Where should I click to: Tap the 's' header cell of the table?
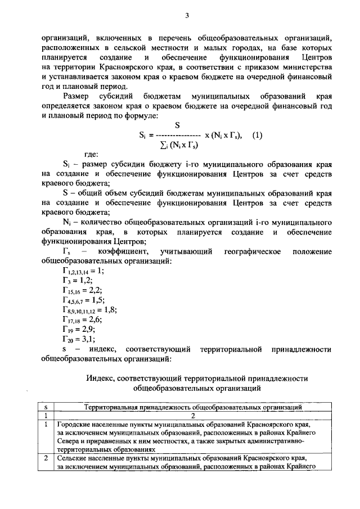point(46,406)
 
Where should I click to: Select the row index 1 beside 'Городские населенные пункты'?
point(46,424)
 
